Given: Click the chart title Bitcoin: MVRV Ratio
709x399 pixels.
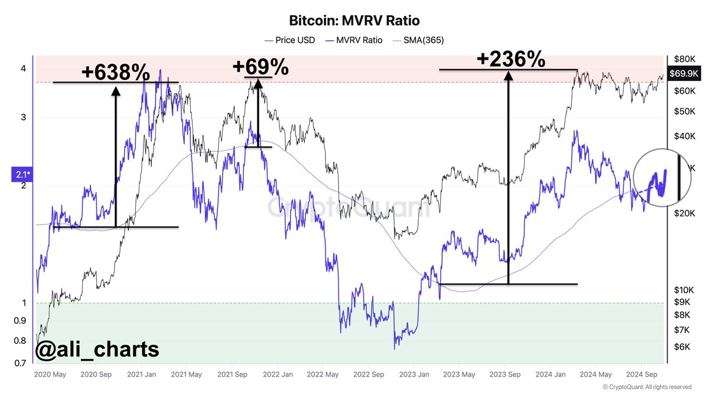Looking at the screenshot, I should pyautogui.click(x=354, y=21).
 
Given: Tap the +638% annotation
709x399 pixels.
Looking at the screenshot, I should pyautogui.click(x=115, y=72).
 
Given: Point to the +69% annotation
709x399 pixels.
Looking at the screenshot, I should pyautogui.click(x=261, y=67).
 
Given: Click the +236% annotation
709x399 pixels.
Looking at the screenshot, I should pyautogui.click(x=510, y=59).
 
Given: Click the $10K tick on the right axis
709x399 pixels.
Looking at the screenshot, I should pyautogui.click(x=684, y=290).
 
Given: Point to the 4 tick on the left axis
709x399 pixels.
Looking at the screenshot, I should pyautogui.click(x=24, y=69).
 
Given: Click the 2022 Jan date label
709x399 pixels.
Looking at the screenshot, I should pyautogui.click(x=278, y=375).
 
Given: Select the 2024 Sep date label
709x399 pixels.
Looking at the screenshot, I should pyautogui.click(x=642, y=375).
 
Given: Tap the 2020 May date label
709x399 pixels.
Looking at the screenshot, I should pyautogui.click(x=50, y=375).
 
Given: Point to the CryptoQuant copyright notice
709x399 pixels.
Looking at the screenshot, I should pyautogui.click(x=646, y=387).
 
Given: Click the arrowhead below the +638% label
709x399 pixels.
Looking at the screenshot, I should pyautogui.click(x=115, y=90).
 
